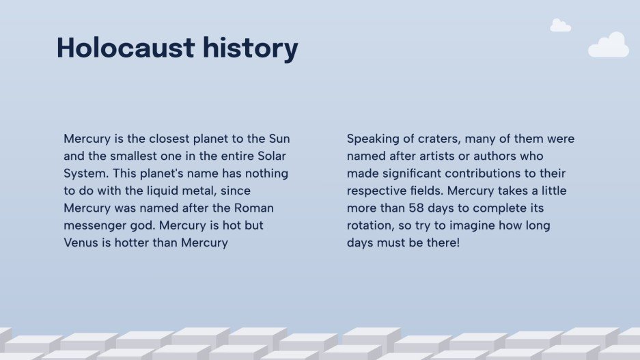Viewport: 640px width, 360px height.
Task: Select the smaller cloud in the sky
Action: point(560,26)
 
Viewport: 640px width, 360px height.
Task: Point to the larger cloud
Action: point(609,46)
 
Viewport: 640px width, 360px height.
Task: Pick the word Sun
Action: point(279,139)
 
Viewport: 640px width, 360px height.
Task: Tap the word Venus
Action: point(82,243)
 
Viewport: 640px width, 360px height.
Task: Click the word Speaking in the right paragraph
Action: point(372,139)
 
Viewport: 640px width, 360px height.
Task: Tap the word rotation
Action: point(370,225)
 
